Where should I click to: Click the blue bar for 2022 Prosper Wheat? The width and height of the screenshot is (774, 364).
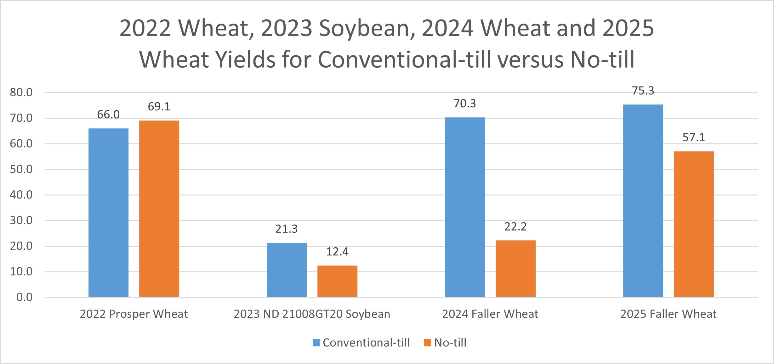(x=108, y=212)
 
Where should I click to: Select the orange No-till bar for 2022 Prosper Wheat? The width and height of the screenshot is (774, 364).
(x=159, y=208)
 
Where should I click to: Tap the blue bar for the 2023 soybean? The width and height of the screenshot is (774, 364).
(x=287, y=270)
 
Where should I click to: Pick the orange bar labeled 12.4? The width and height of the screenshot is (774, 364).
(x=337, y=281)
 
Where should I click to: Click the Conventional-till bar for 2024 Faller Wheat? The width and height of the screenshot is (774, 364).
(x=465, y=207)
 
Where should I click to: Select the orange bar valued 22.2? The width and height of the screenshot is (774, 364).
(x=515, y=268)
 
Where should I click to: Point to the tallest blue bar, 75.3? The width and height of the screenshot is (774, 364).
(x=643, y=200)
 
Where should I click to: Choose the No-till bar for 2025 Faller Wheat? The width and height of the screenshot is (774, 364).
(x=694, y=224)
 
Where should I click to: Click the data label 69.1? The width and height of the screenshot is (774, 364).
(x=159, y=107)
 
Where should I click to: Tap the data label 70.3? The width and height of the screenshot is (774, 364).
(x=465, y=104)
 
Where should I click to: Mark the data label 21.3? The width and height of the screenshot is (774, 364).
(x=287, y=229)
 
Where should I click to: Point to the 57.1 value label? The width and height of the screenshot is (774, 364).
(x=694, y=137)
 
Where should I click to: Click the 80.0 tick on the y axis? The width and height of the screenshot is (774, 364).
(x=21, y=92)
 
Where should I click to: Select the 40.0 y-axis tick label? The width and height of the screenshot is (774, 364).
(x=21, y=195)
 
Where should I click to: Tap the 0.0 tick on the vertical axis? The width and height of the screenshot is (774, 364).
(x=25, y=297)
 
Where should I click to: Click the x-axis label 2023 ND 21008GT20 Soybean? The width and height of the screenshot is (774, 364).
(x=312, y=314)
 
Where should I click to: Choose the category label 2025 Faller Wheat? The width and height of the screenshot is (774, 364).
(x=668, y=314)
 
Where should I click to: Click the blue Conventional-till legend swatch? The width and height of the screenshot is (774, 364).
(x=316, y=343)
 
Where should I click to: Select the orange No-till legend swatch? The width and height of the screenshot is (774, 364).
(x=427, y=343)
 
